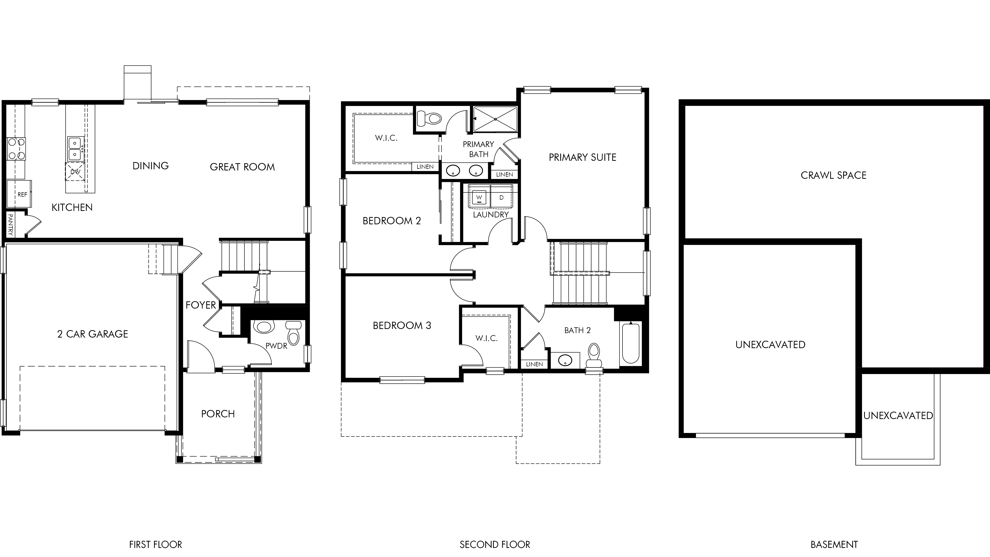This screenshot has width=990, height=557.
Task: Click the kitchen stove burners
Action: (16, 149)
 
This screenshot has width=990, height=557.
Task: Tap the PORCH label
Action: (218, 414)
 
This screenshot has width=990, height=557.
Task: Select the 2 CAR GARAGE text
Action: (93, 334)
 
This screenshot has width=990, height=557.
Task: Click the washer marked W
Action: (479, 198)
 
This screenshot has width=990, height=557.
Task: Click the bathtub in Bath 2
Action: (631, 343)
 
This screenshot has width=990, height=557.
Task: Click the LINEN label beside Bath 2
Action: (534, 364)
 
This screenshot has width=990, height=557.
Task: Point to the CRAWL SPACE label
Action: (834, 175)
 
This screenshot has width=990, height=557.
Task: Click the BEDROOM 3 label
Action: (402, 326)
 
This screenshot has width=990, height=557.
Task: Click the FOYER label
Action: (201, 305)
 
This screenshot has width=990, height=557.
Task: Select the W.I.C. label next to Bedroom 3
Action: (487, 338)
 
